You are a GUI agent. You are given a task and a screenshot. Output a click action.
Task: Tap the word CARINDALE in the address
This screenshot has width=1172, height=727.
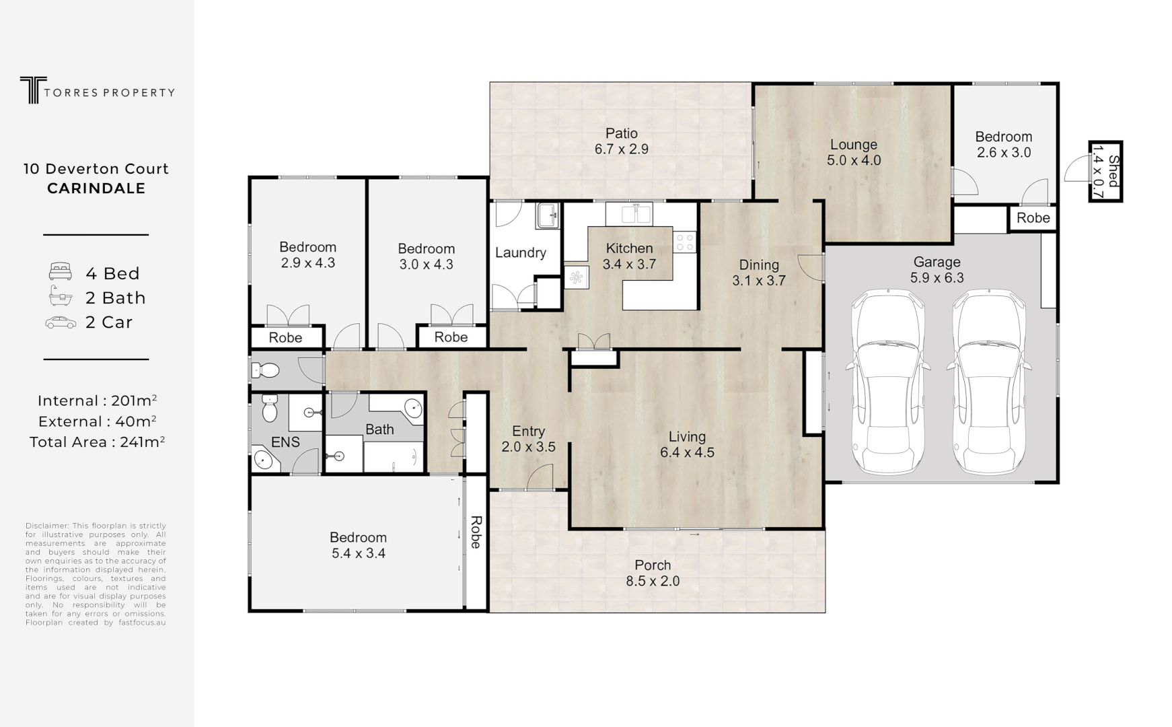point(96,188)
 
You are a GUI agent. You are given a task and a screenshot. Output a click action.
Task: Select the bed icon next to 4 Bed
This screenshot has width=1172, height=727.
point(60,272)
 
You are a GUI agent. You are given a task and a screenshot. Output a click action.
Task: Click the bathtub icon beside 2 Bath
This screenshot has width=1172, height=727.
point(60,296)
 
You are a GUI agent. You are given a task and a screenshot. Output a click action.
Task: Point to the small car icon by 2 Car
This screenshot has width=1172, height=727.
point(61,322)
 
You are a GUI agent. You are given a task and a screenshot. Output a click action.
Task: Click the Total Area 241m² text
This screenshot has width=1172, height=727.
point(97,442)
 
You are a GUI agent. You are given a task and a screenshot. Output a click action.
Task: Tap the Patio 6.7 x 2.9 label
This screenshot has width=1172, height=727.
point(621,141)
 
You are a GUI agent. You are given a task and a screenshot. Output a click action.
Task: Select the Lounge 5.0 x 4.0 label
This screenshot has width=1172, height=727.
point(853,152)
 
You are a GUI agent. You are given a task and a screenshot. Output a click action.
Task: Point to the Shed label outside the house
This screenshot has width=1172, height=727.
point(1105,172)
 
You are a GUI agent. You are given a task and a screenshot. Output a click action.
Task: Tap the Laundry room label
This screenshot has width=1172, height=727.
point(520,253)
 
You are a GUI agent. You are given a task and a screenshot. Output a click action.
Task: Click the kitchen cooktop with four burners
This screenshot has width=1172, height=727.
point(685,242)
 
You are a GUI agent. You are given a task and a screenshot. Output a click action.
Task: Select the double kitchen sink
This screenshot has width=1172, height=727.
point(628,215)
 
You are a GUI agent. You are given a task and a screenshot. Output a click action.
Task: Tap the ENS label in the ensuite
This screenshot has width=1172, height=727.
point(285,442)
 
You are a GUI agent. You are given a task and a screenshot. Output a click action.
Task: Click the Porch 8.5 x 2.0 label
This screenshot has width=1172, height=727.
point(653,573)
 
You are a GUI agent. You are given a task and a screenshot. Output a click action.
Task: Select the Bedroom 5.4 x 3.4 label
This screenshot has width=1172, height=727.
point(358,545)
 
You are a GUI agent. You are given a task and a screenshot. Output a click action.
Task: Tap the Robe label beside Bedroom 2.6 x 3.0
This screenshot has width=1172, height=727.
point(1033,218)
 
